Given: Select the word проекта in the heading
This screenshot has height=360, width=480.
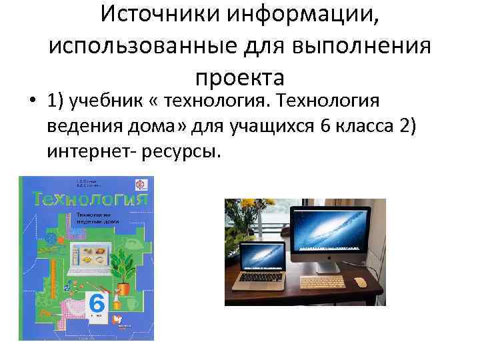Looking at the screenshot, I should point(240,77).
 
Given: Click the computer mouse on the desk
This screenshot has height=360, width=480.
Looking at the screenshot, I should point(361,282).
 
